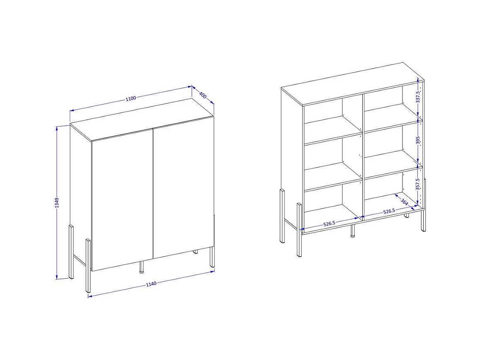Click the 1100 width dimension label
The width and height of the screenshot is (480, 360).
click(x=131, y=98)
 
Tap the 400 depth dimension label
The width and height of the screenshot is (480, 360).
click(x=203, y=95)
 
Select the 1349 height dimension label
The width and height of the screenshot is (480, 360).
click(x=57, y=203)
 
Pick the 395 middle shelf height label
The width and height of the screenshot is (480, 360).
click(x=418, y=141)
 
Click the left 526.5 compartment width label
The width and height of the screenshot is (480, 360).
click(x=329, y=224)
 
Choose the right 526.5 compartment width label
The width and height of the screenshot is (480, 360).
click(x=389, y=212)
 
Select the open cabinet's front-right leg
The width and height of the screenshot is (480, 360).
click(x=423, y=220)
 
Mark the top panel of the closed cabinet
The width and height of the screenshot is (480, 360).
click(x=141, y=120)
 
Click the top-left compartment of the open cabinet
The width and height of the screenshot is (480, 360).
click(x=332, y=118)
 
